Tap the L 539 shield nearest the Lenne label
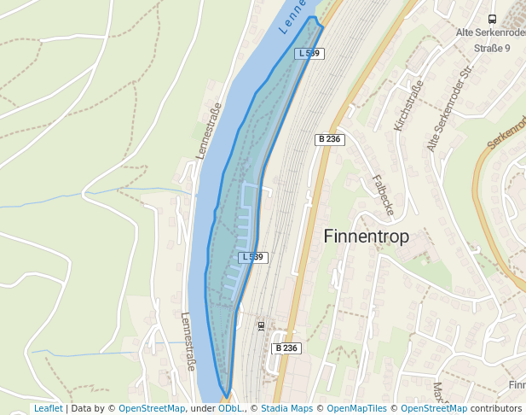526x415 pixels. pos(309,53)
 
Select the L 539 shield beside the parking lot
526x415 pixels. pos(253,257)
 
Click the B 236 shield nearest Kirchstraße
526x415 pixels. pos(330,139)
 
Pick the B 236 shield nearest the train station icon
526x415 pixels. pos(287,348)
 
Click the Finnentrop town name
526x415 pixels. pos(367,237)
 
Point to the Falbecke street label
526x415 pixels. pos(384,196)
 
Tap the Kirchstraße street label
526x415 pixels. pos(408,107)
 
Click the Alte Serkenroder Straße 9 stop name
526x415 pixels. pos(492,40)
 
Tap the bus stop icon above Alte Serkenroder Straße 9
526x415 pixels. pos(492,19)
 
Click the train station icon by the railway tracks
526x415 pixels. pos(261,325)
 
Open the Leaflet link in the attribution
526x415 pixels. pos(48,409)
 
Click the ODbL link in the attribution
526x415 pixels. pos(230,409)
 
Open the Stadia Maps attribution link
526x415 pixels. pos(286,409)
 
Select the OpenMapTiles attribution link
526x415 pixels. pos(357,409)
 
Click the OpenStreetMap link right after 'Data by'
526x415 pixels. pos(152,409)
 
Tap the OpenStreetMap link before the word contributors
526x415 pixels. pos(434,409)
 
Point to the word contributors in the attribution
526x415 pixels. pos(496,409)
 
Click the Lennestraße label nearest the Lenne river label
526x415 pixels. pos(209,130)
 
